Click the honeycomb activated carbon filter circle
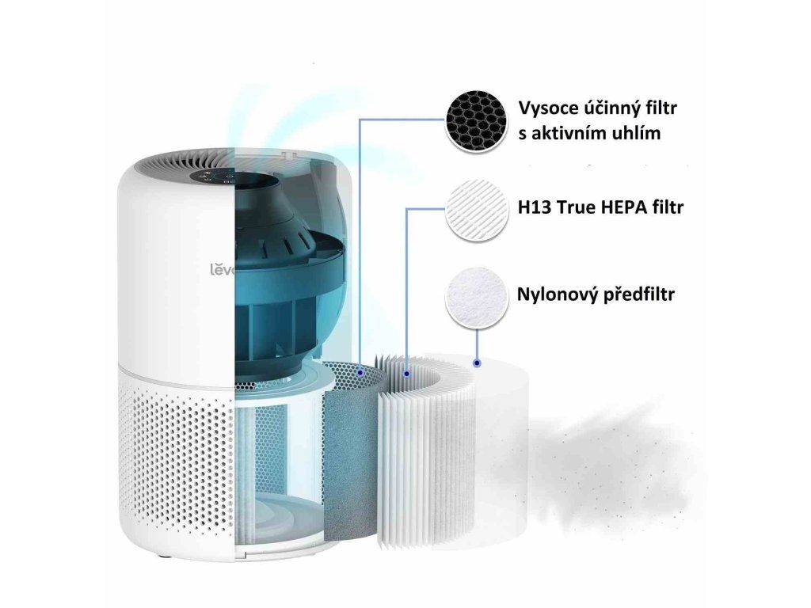click(476, 122)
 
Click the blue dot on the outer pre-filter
click(477, 363)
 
